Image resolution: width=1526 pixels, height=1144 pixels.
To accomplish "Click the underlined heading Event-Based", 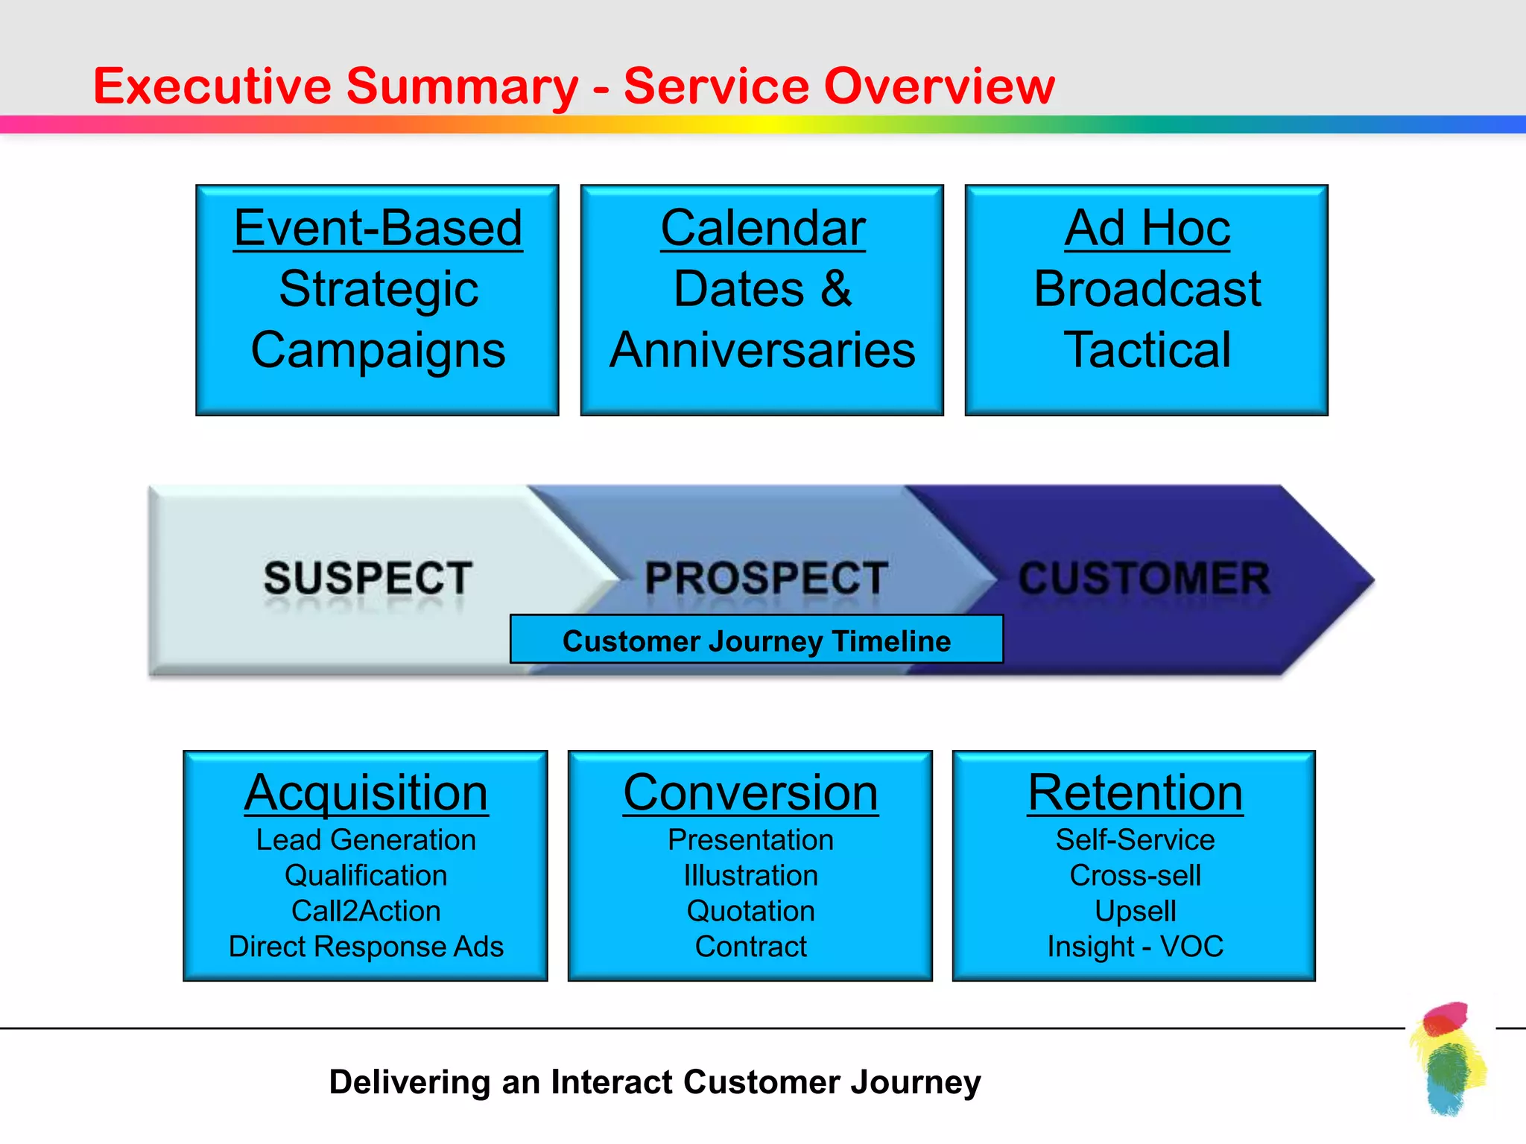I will pos(378,228).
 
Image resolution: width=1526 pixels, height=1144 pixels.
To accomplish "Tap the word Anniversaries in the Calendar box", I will pos(762,350).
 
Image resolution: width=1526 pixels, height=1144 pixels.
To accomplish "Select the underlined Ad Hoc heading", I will pos(1147,228).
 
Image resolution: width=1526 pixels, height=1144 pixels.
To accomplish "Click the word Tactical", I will pos(1147,350).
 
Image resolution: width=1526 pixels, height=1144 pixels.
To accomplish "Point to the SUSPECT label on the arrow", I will pos(368,578).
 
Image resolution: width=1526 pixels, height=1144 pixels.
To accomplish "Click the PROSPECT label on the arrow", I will pos(766,578).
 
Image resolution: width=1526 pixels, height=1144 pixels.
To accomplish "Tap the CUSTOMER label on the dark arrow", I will pos(1144,578).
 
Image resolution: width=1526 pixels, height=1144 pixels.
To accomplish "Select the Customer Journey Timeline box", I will pos(756,641).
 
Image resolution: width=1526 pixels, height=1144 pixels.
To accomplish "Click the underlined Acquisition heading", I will pos(366,792).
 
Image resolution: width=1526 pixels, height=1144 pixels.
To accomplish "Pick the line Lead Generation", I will pos(366,840).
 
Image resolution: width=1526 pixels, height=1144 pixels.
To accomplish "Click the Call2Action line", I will pos(366,911).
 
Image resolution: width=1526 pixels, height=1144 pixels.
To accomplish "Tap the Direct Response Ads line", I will pos(366,947).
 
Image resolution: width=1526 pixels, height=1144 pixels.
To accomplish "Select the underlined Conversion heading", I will pos(750,792).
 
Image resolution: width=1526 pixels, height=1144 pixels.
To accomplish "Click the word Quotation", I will pos(750,911).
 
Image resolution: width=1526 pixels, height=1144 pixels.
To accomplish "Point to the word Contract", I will pos(750,947).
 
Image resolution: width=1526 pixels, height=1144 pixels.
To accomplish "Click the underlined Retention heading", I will pos(1135,792).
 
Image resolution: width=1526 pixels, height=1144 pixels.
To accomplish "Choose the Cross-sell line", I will pos(1135,876).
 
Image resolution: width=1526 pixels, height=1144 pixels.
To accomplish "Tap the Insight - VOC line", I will pos(1135,947).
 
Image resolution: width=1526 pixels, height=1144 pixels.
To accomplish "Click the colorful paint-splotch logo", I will pos(1448,1058).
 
